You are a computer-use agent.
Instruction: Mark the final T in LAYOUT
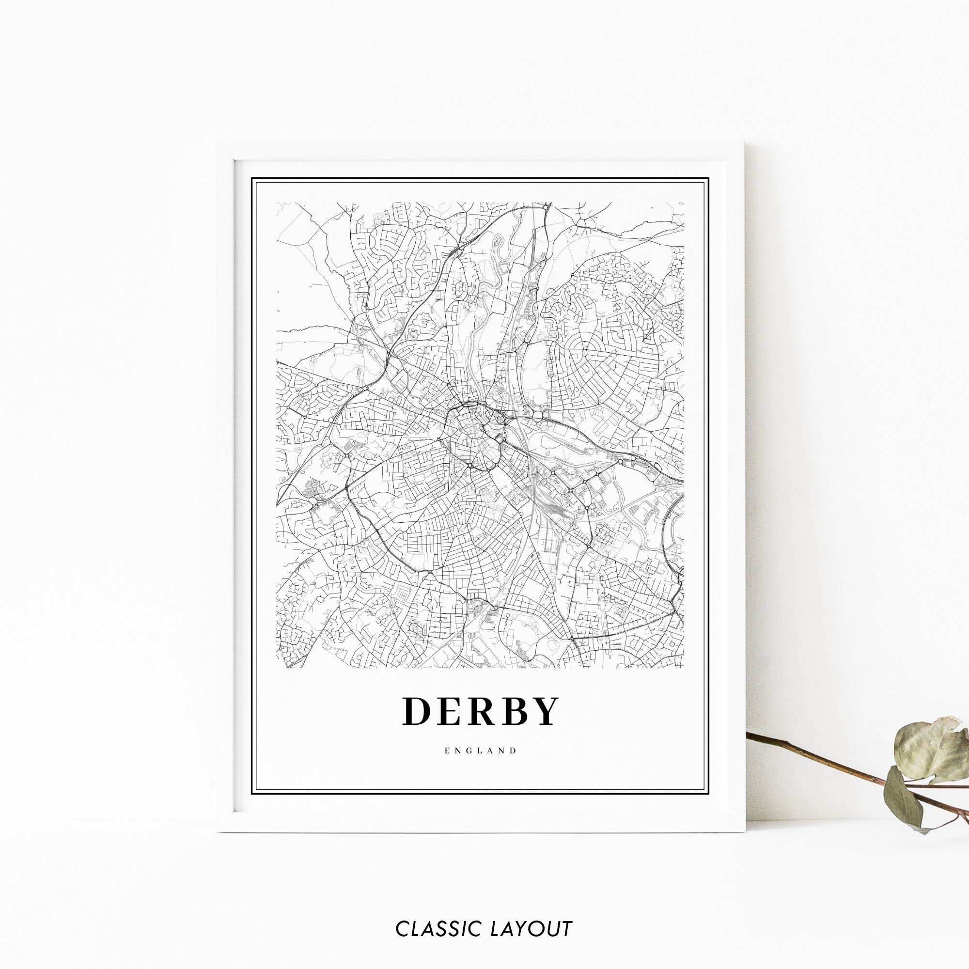[x=566, y=915]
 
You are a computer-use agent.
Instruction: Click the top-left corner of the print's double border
[x=252, y=179]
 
